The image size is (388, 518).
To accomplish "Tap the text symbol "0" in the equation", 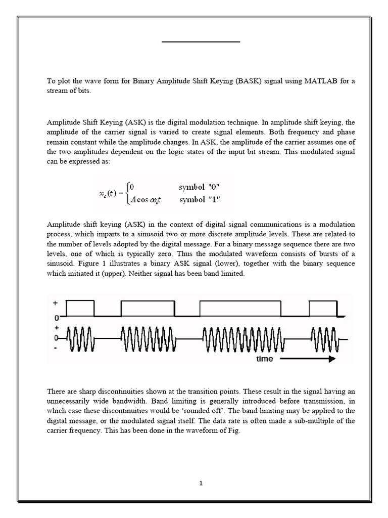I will pos(199,187).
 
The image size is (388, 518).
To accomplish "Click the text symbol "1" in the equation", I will pos(199,199).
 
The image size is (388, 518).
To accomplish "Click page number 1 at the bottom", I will pos(201,483).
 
